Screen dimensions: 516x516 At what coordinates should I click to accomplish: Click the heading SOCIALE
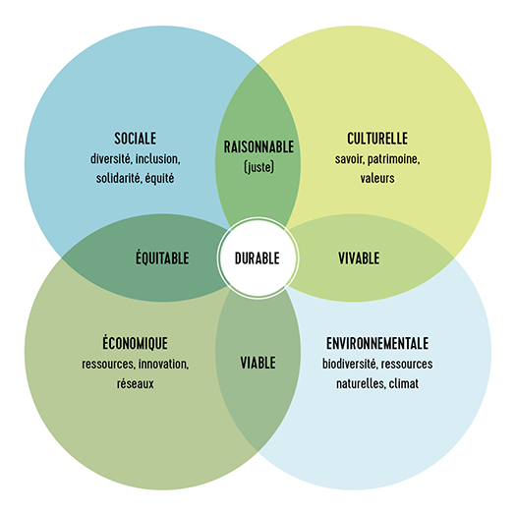(136, 139)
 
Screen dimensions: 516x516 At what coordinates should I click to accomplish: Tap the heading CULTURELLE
(377, 139)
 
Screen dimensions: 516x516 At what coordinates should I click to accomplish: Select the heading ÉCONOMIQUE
(135, 342)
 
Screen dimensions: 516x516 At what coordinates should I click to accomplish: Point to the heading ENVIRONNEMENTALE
(377, 343)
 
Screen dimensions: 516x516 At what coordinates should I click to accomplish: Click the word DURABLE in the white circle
(258, 258)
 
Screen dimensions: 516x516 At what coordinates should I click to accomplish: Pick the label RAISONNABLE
(258, 146)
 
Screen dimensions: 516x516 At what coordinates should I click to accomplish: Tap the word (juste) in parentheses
(259, 167)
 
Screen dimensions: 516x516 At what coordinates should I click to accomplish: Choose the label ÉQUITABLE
(162, 257)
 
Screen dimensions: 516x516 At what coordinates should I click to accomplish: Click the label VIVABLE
(359, 258)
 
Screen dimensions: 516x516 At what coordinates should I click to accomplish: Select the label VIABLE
(258, 363)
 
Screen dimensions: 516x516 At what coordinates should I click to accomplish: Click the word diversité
(111, 159)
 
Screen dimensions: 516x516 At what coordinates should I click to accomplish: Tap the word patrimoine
(393, 159)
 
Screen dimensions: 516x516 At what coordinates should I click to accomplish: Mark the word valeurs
(377, 178)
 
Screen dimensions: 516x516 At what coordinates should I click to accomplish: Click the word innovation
(163, 365)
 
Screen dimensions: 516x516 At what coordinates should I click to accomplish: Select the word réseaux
(136, 383)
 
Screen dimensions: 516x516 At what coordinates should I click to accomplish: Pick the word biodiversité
(350, 364)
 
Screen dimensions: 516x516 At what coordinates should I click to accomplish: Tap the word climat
(404, 383)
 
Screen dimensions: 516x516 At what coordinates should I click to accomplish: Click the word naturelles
(361, 383)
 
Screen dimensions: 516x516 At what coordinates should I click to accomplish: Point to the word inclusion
(158, 159)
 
